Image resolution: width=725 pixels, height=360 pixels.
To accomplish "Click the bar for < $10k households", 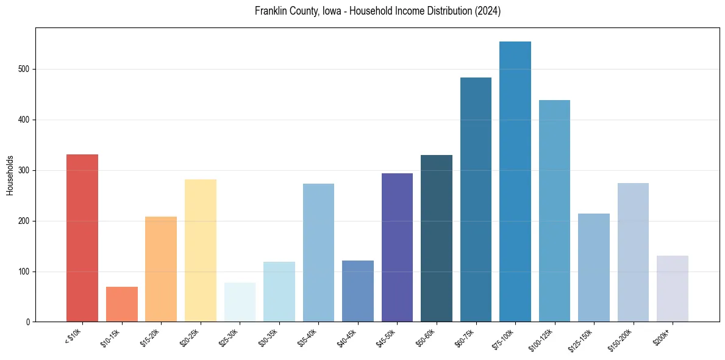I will point(82,238).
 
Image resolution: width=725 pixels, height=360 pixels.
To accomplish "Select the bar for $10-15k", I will point(121,304).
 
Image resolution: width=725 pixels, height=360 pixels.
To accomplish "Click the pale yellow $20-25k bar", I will point(200,250).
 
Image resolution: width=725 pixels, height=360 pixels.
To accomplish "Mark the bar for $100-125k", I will point(554,211).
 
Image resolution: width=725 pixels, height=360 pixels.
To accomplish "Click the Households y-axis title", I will point(10,175).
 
